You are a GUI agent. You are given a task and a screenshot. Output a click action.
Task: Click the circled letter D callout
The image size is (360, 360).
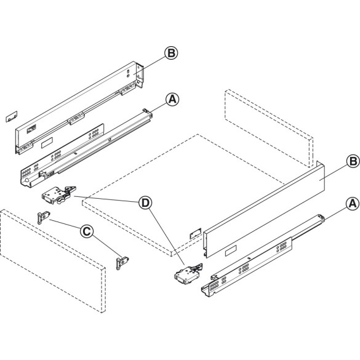[145, 202]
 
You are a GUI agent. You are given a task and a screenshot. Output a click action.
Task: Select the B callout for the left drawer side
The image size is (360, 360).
[171, 53]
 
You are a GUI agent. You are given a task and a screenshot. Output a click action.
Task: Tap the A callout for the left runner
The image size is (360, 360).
[171, 98]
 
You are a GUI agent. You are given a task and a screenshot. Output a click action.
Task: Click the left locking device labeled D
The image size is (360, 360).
[55, 195]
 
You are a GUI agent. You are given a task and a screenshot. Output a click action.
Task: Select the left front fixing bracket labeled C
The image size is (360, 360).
[43, 217]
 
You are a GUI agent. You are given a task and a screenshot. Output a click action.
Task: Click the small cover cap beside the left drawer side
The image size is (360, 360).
[10, 118]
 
